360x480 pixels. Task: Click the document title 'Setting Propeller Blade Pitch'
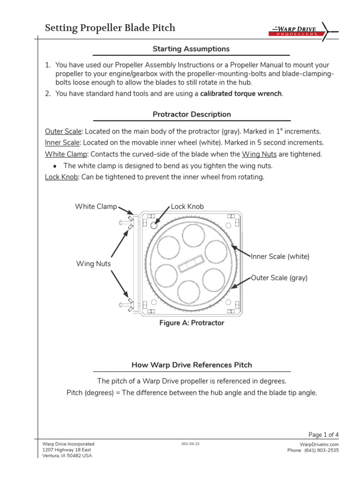(x=110, y=28)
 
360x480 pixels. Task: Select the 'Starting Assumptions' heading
(x=191, y=49)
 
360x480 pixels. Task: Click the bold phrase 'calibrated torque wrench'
(x=241, y=94)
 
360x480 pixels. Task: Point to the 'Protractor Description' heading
(x=192, y=114)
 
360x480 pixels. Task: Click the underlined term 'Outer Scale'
(x=63, y=131)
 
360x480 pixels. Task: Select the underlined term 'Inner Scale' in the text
(x=62, y=142)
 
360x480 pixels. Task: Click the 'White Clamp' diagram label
(x=96, y=207)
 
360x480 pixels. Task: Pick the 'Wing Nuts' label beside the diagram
(x=93, y=264)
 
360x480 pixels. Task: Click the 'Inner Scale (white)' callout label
(x=280, y=256)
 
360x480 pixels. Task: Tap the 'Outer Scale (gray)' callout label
(x=279, y=278)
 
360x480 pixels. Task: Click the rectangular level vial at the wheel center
(x=191, y=263)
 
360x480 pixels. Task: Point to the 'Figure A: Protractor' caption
(x=192, y=323)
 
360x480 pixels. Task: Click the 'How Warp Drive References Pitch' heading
(x=191, y=365)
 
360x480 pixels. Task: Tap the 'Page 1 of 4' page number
(x=323, y=435)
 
